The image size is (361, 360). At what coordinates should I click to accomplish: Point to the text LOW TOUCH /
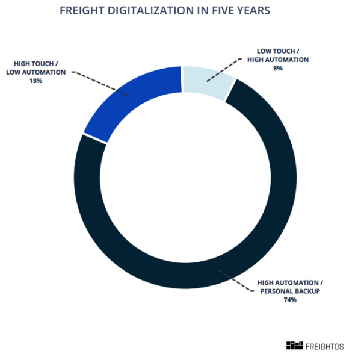tap(278, 51)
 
